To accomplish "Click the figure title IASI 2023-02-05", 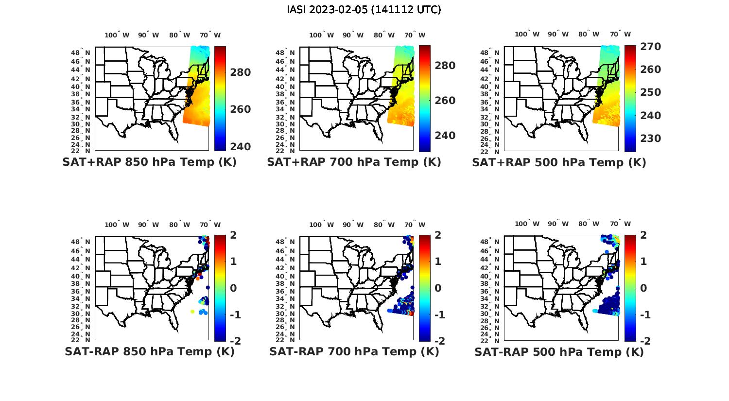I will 364,10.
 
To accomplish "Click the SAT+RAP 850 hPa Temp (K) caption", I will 149,162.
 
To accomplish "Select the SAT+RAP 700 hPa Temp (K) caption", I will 354,162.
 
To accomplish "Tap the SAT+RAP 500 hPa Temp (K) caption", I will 559,162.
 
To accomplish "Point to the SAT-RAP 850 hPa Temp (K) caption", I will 149,351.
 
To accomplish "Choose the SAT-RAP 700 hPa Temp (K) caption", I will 354,351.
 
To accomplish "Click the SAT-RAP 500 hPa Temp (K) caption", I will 559,351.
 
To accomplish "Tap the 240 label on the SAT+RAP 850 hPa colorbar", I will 240,147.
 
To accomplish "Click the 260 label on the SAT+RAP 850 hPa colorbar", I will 240,109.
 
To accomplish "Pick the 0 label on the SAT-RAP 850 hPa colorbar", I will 233,288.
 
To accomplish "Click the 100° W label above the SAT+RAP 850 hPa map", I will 117,35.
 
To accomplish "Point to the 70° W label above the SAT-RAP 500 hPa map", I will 621,224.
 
